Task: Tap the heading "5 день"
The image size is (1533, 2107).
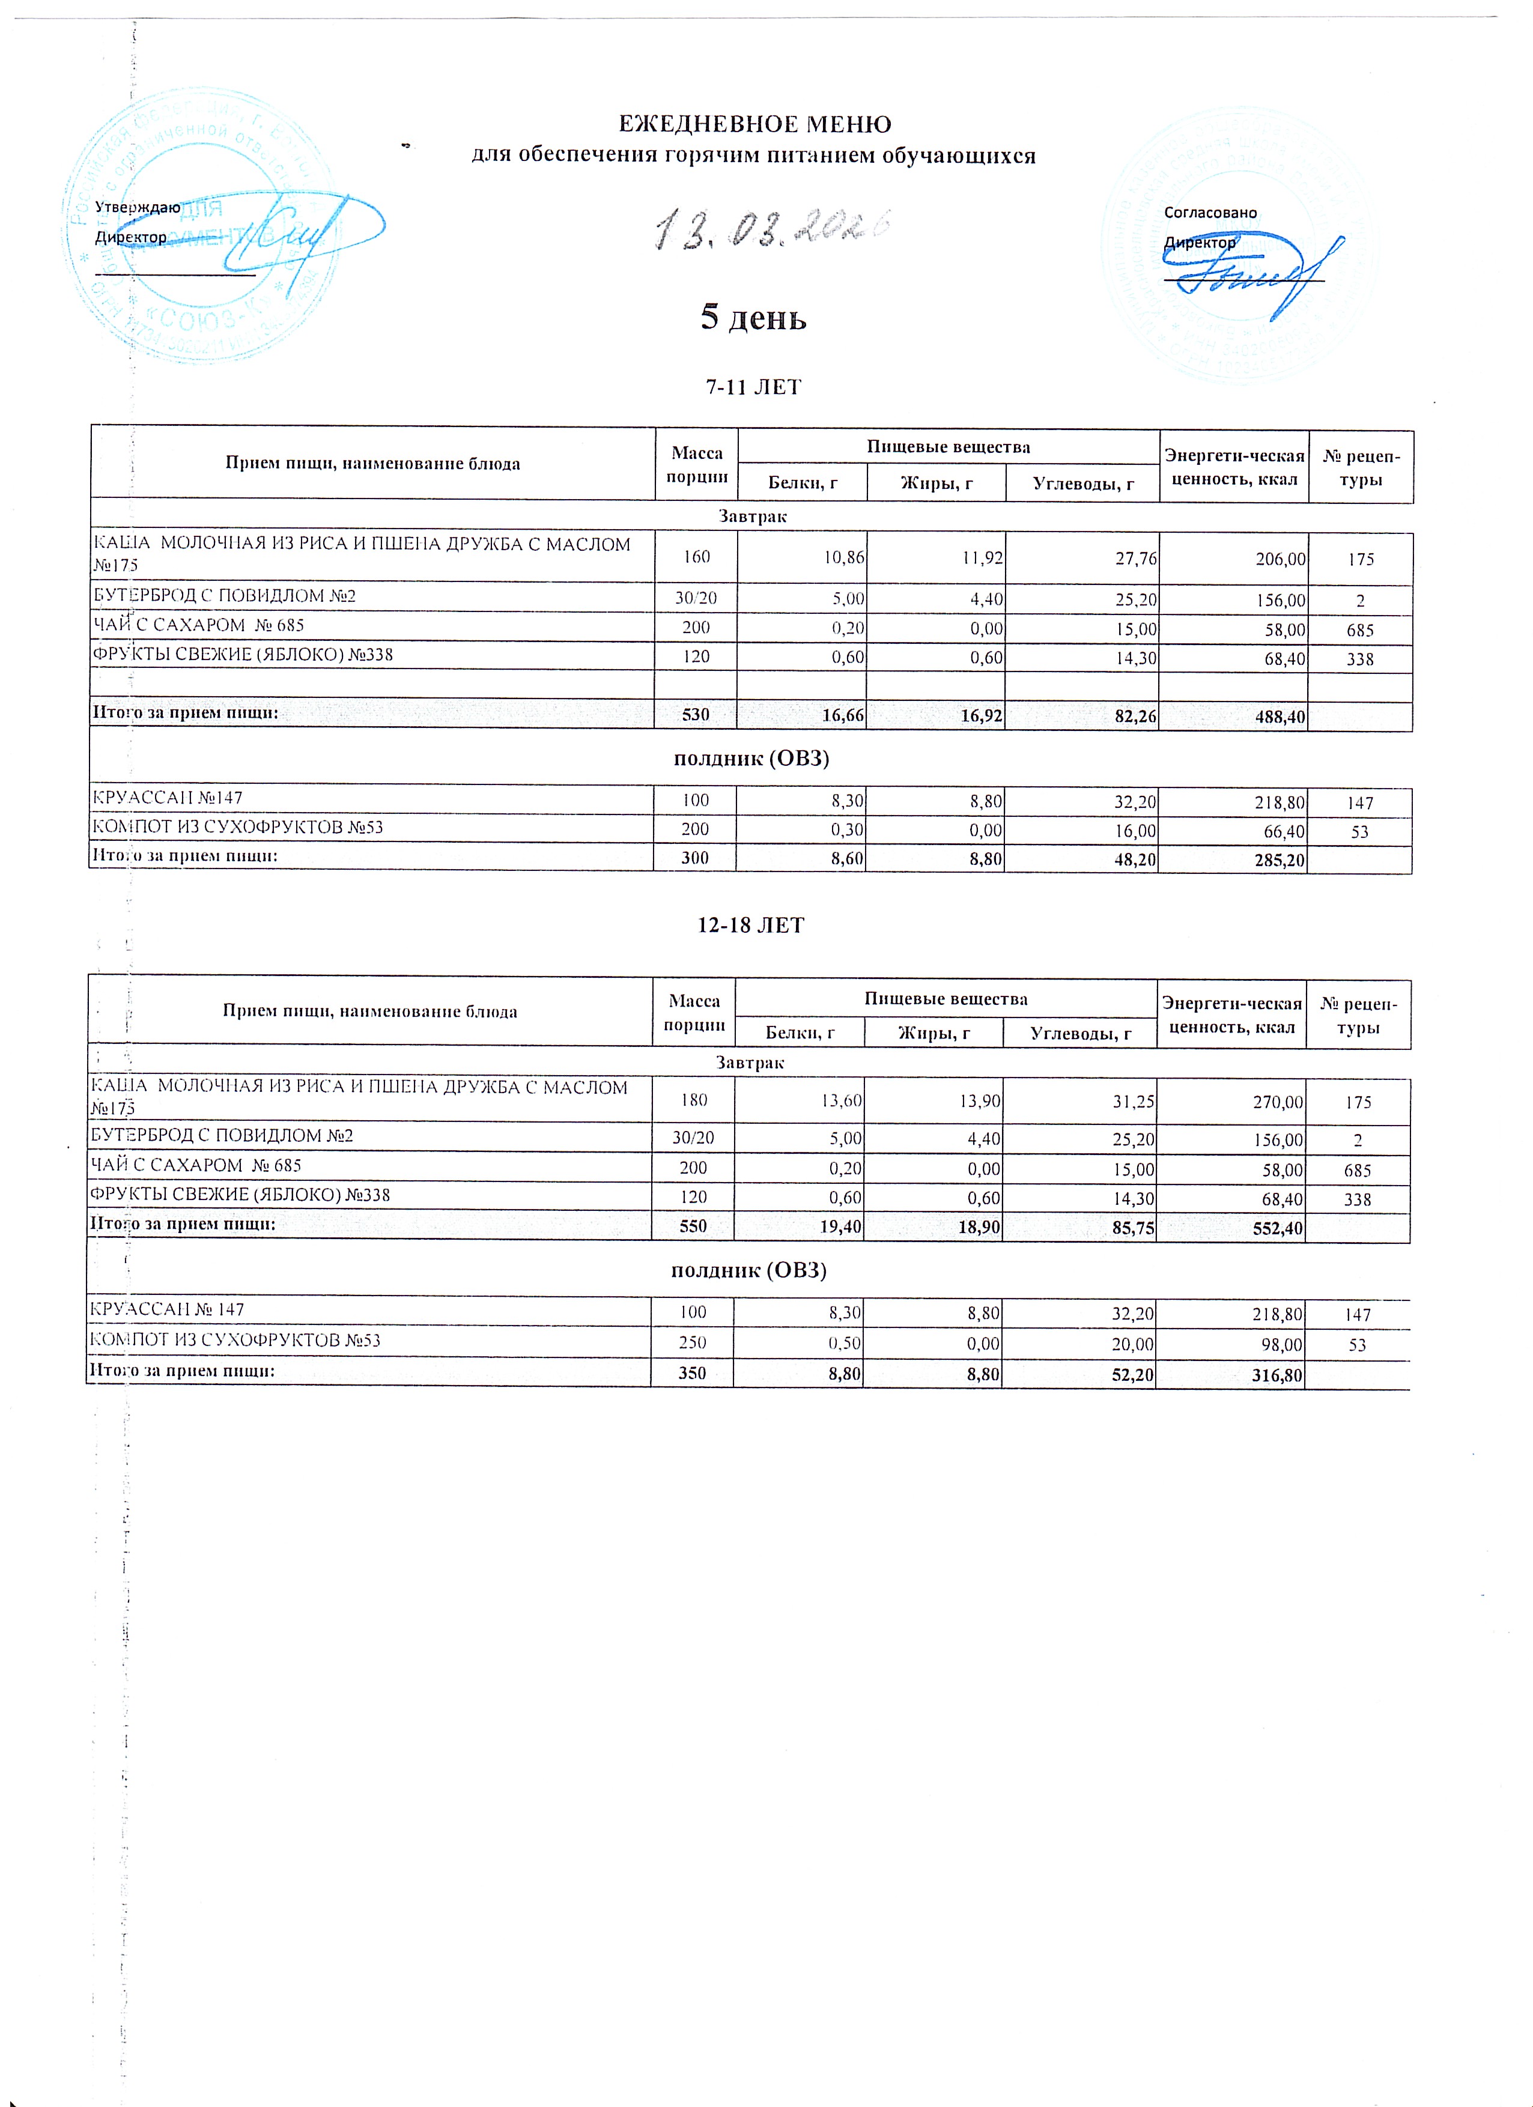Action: (753, 319)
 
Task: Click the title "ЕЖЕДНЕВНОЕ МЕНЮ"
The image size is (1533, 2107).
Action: (754, 124)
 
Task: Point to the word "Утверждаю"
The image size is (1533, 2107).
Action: (138, 207)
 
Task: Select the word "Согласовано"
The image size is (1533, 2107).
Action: (1210, 213)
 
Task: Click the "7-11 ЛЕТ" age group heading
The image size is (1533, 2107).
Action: (753, 387)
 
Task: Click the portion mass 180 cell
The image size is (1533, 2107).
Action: (694, 1101)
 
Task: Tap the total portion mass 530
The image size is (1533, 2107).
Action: (696, 714)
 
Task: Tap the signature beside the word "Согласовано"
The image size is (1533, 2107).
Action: (1254, 274)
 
